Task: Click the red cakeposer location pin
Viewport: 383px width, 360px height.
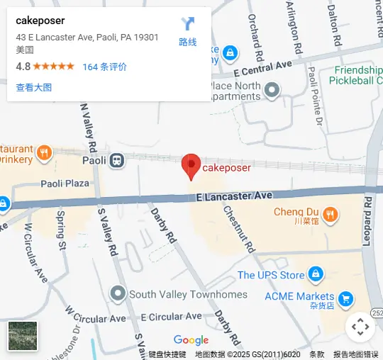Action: point(191,166)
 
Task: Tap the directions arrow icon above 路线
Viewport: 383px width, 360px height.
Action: point(188,24)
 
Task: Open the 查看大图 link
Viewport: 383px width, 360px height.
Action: point(34,88)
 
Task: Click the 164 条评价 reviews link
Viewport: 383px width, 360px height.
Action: point(105,67)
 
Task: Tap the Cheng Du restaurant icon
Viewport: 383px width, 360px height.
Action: point(330,213)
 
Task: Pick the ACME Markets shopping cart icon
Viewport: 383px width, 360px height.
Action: point(345,298)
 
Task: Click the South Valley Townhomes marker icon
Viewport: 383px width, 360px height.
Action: point(118,293)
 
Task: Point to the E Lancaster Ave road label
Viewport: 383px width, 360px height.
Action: point(234,196)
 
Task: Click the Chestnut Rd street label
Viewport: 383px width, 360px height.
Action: point(238,228)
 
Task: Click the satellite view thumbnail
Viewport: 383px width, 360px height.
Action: point(23,336)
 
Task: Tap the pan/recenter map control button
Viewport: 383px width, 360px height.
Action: point(360,327)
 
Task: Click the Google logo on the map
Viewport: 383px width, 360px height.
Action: point(191,340)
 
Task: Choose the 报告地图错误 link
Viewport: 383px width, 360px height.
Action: point(356,354)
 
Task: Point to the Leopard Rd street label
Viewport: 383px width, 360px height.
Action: point(367,220)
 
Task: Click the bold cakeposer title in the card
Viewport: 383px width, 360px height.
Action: point(40,21)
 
